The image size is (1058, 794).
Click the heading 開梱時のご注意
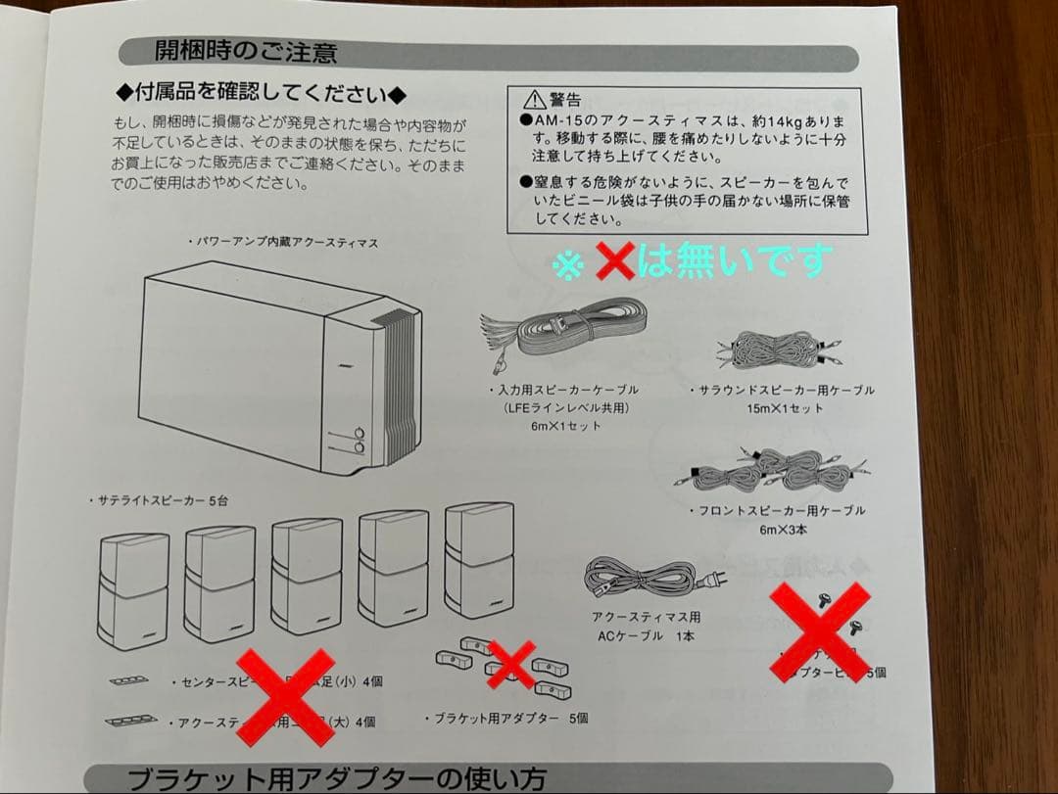point(245,52)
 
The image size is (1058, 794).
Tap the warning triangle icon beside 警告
point(533,99)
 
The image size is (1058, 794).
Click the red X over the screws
point(820,631)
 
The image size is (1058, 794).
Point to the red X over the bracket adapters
point(511,663)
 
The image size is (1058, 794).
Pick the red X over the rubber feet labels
point(284,696)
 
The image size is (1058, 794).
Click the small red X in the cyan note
point(614,260)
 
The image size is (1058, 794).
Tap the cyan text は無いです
point(735,260)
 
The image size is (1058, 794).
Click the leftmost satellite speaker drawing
point(133,590)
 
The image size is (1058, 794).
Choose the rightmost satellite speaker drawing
point(479,561)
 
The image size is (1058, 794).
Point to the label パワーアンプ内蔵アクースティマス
point(285,242)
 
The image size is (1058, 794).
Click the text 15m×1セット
point(784,408)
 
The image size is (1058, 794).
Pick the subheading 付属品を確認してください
point(261,95)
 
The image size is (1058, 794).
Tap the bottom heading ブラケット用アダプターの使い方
point(336,779)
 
